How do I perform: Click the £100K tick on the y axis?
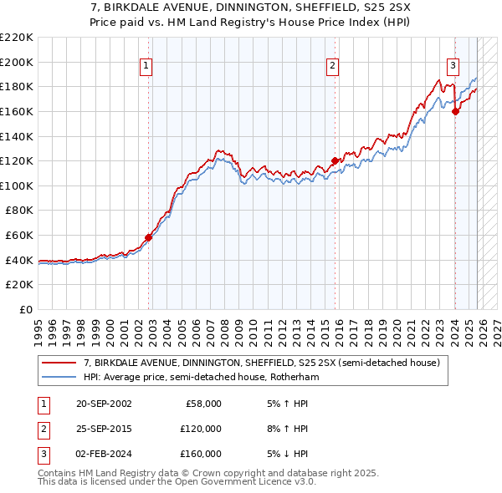pos(17,186)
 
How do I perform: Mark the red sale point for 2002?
pos(149,237)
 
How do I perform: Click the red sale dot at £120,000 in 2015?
pos(336,160)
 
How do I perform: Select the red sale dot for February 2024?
pos(455,111)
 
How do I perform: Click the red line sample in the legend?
pos(59,363)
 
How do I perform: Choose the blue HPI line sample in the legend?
pos(59,378)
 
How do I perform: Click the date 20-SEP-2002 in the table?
pos(103,404)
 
